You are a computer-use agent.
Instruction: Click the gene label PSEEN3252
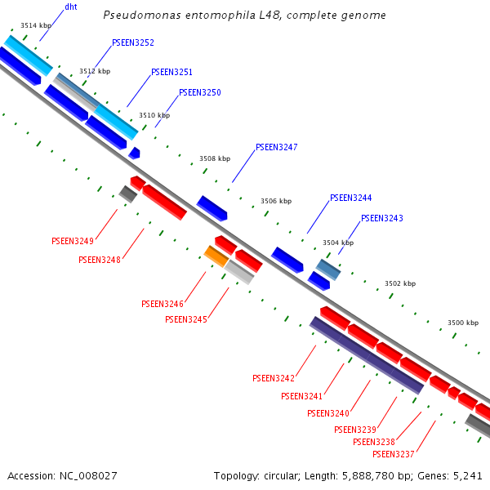(x=133, y=42)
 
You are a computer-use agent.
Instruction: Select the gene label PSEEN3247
(x=277, y=147)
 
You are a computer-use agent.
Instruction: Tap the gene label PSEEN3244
(x=351, y=198)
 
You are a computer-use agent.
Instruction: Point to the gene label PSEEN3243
(x=382, y=218)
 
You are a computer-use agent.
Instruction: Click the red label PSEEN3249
(x=73, y=241)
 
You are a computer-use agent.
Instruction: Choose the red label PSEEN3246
(x=163, y=303)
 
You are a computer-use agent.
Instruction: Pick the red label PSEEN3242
(x=274, y=378)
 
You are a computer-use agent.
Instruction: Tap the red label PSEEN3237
(x=394, y=454)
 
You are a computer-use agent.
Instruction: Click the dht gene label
(x=71, y=7)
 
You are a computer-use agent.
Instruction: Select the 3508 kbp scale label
(x=215, y=159)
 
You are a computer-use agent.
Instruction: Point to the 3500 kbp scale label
(x=462, y=323)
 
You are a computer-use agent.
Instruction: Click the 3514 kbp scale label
(x=35, y=25)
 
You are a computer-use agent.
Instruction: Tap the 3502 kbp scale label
(x=400, y=283)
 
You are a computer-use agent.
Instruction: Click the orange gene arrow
(x=216, y=256)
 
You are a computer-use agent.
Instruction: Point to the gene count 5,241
(x=466, y=475)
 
